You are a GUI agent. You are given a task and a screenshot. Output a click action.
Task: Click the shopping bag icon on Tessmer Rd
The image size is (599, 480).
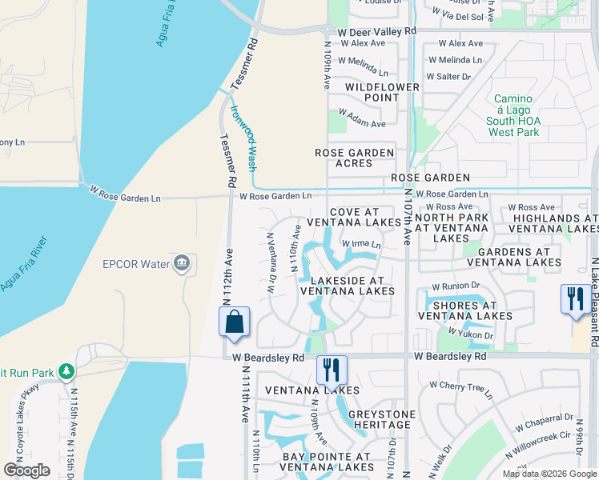[234, 322]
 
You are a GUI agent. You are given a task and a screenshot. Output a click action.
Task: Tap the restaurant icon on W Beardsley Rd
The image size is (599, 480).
[332, 370]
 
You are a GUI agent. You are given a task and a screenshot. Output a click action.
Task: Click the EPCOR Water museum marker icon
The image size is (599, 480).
[182, 262]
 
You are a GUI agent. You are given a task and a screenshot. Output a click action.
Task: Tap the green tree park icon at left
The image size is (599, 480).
[66, 372]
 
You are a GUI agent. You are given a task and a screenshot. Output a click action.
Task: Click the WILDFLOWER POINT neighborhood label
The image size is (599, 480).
[372, 92]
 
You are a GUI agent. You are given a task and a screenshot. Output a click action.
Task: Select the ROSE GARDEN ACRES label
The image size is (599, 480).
[354, 158]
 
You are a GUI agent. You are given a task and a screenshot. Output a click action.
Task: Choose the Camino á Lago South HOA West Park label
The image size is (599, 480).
[513, 115]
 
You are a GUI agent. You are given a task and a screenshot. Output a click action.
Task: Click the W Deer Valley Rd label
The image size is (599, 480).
[377, 31]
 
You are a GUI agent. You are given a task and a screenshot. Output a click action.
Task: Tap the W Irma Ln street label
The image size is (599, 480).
[361, 244]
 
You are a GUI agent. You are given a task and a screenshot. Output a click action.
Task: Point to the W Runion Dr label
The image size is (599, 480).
[455, 286]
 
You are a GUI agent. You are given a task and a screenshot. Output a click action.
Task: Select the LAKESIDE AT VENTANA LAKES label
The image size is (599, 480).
[348, 286]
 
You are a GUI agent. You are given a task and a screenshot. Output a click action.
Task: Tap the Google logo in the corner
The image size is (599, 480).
[26, 470]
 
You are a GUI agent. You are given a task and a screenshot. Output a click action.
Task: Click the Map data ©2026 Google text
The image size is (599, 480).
[549, 474]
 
